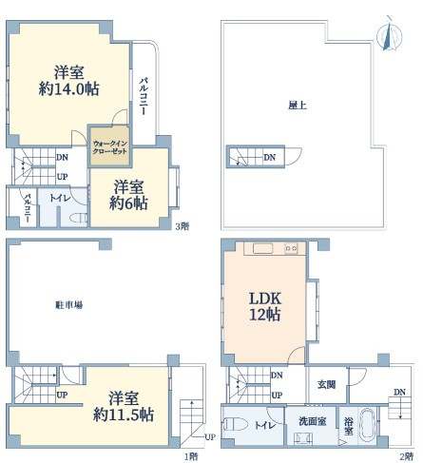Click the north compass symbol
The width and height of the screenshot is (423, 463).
pyautogui.click(x=390, y=34)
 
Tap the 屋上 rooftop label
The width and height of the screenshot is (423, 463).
pyautogui.click(x=298, y=106)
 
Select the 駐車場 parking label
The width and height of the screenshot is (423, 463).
pyautogui.click(x=69, y=305)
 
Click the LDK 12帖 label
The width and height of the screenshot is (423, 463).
pyautogui.click(x=265, y=306)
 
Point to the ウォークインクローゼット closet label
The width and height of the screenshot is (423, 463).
pyautogui.click(x=109, y=147)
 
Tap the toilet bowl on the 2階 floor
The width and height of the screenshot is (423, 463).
pyautogui.click(x=236, y=424)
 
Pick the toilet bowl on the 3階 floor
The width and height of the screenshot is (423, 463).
pyautogui.click(x=78, y=219)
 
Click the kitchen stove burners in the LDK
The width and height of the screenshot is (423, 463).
pyautogui.click(x=291, y=248)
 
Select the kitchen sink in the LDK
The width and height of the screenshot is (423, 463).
pyautogui.click(x=262, y=248)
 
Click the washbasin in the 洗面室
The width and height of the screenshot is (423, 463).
pyautogui.click(x=302, y=439)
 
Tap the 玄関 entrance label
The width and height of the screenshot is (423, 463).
pyautogui.click(x=326, y=385)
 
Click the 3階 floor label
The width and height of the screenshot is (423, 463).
pyautogui.click(x=183, y=226)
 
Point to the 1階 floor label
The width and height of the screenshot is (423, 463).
pyautogui.click(x=191, y=456)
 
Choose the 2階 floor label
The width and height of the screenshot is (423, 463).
pyautogui.click(x=407, y=456)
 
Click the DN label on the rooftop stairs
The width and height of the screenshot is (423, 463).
pyautogui.click(x=270, y=157)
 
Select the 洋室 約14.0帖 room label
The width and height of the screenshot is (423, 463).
pyautogui.click(x=68, y=81)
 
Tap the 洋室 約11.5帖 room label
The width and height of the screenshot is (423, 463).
pyautogui.click(x=124, y=407)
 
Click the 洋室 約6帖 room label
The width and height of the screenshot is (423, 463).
pyautogui.click(x=128, y=195)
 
